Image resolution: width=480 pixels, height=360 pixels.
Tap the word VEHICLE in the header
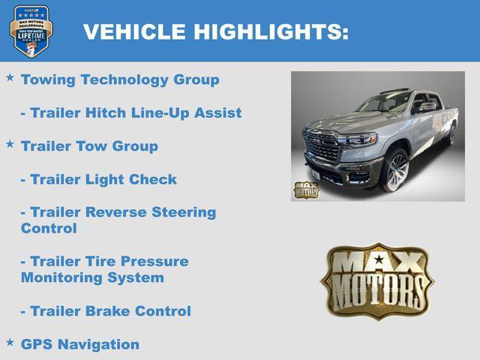(134, 31)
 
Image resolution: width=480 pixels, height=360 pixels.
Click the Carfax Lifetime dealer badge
(31, 31)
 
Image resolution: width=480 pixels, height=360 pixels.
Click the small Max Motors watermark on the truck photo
(305, 190)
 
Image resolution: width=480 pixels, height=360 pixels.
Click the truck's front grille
(321, 147)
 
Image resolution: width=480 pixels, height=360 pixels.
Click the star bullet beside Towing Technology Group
(10, 77)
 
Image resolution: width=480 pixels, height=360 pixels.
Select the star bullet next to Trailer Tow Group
(10, 143)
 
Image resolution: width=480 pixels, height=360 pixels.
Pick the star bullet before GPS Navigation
(10, 341)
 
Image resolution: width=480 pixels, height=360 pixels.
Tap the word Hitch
(106, 112)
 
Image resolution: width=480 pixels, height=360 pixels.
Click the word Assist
(217, 112)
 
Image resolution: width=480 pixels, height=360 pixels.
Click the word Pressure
(154, 262)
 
